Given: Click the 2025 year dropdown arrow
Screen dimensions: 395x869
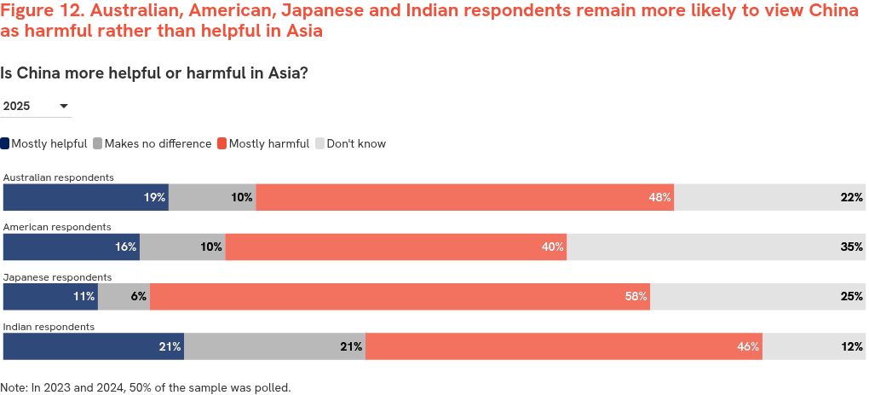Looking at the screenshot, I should [64, 107].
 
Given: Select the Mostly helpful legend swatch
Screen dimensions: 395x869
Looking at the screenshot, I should [5, 143].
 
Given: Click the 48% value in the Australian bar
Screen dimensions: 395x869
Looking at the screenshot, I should [659, 197].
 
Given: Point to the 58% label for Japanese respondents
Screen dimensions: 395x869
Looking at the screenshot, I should [636, 297].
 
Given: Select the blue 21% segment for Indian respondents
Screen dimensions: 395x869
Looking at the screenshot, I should [94, 346].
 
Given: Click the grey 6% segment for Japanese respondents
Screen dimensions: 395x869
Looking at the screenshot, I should [124, 297].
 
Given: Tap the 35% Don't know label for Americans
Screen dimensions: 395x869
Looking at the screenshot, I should [852, 247].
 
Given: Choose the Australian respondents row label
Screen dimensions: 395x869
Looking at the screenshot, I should [59, 177].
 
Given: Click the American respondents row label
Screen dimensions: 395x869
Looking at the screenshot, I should [57, 227].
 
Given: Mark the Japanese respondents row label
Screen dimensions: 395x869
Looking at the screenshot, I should [58, 277].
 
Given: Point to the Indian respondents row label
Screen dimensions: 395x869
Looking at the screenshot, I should [49, 327].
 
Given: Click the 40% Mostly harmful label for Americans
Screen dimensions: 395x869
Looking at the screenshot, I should [552, 247].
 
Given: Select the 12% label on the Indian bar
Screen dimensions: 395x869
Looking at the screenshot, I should [852, 346].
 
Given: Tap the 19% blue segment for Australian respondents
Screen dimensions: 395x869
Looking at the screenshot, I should [85, 197].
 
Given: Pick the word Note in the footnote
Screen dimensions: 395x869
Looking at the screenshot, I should [14, 387].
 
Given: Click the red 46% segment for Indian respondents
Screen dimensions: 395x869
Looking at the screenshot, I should [562, 346].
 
